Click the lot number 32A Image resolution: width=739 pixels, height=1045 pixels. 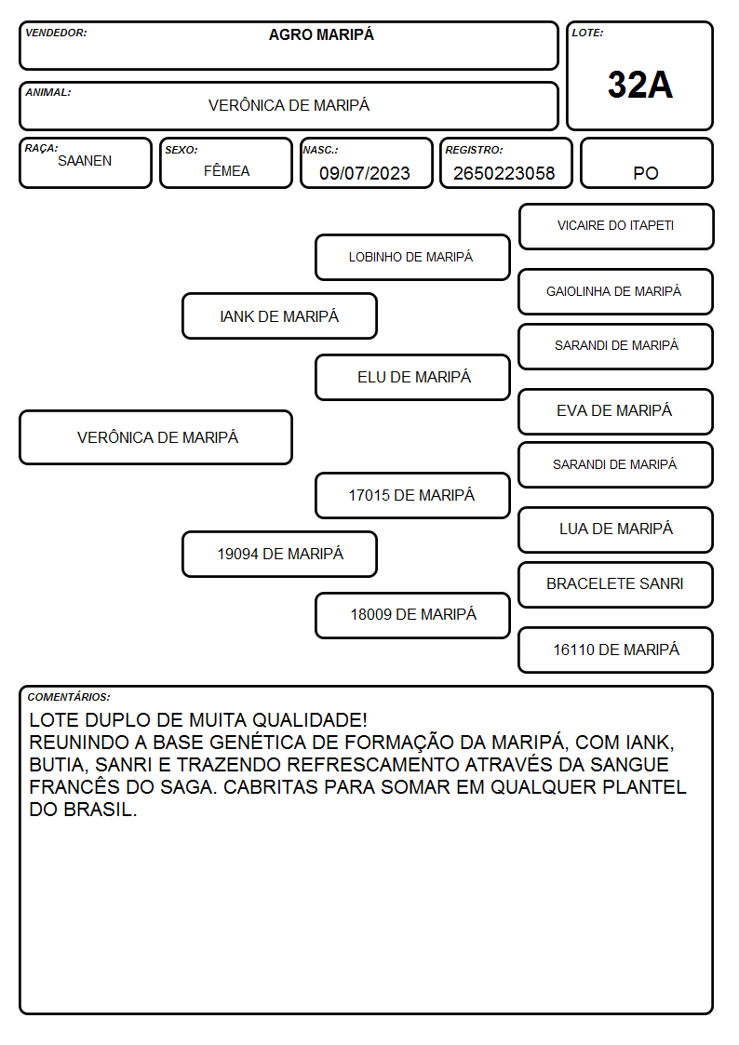(639, 85)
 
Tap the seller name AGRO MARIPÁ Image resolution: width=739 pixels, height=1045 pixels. (321, 34)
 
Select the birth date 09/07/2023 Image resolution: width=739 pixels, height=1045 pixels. (365, 173)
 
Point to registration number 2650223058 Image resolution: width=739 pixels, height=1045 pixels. (504, 173)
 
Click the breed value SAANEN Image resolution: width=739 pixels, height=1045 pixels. (85, 161)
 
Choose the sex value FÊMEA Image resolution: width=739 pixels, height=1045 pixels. (226, 170)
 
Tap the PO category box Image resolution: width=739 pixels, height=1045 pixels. (646, 163)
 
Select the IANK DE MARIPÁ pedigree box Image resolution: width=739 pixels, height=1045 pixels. (279, 315)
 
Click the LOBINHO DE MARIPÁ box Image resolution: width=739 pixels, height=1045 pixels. (412, 257)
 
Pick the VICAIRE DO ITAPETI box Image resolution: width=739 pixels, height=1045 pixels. (616, 227)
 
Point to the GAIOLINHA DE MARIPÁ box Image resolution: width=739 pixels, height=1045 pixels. (616, 291)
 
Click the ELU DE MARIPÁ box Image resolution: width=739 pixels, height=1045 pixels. (412, 377)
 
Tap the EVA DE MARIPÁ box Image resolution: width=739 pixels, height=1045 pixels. (616, 411)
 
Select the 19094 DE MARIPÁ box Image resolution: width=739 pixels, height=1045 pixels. (279, 554)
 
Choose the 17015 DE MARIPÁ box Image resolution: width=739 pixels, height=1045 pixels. (412, 495)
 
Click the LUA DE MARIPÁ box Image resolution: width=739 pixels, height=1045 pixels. (616, 529)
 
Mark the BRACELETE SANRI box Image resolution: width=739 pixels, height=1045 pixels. (616, 584)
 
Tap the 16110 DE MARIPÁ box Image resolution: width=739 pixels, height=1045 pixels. (616, 650)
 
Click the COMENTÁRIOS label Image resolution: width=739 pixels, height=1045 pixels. (69, 697)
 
